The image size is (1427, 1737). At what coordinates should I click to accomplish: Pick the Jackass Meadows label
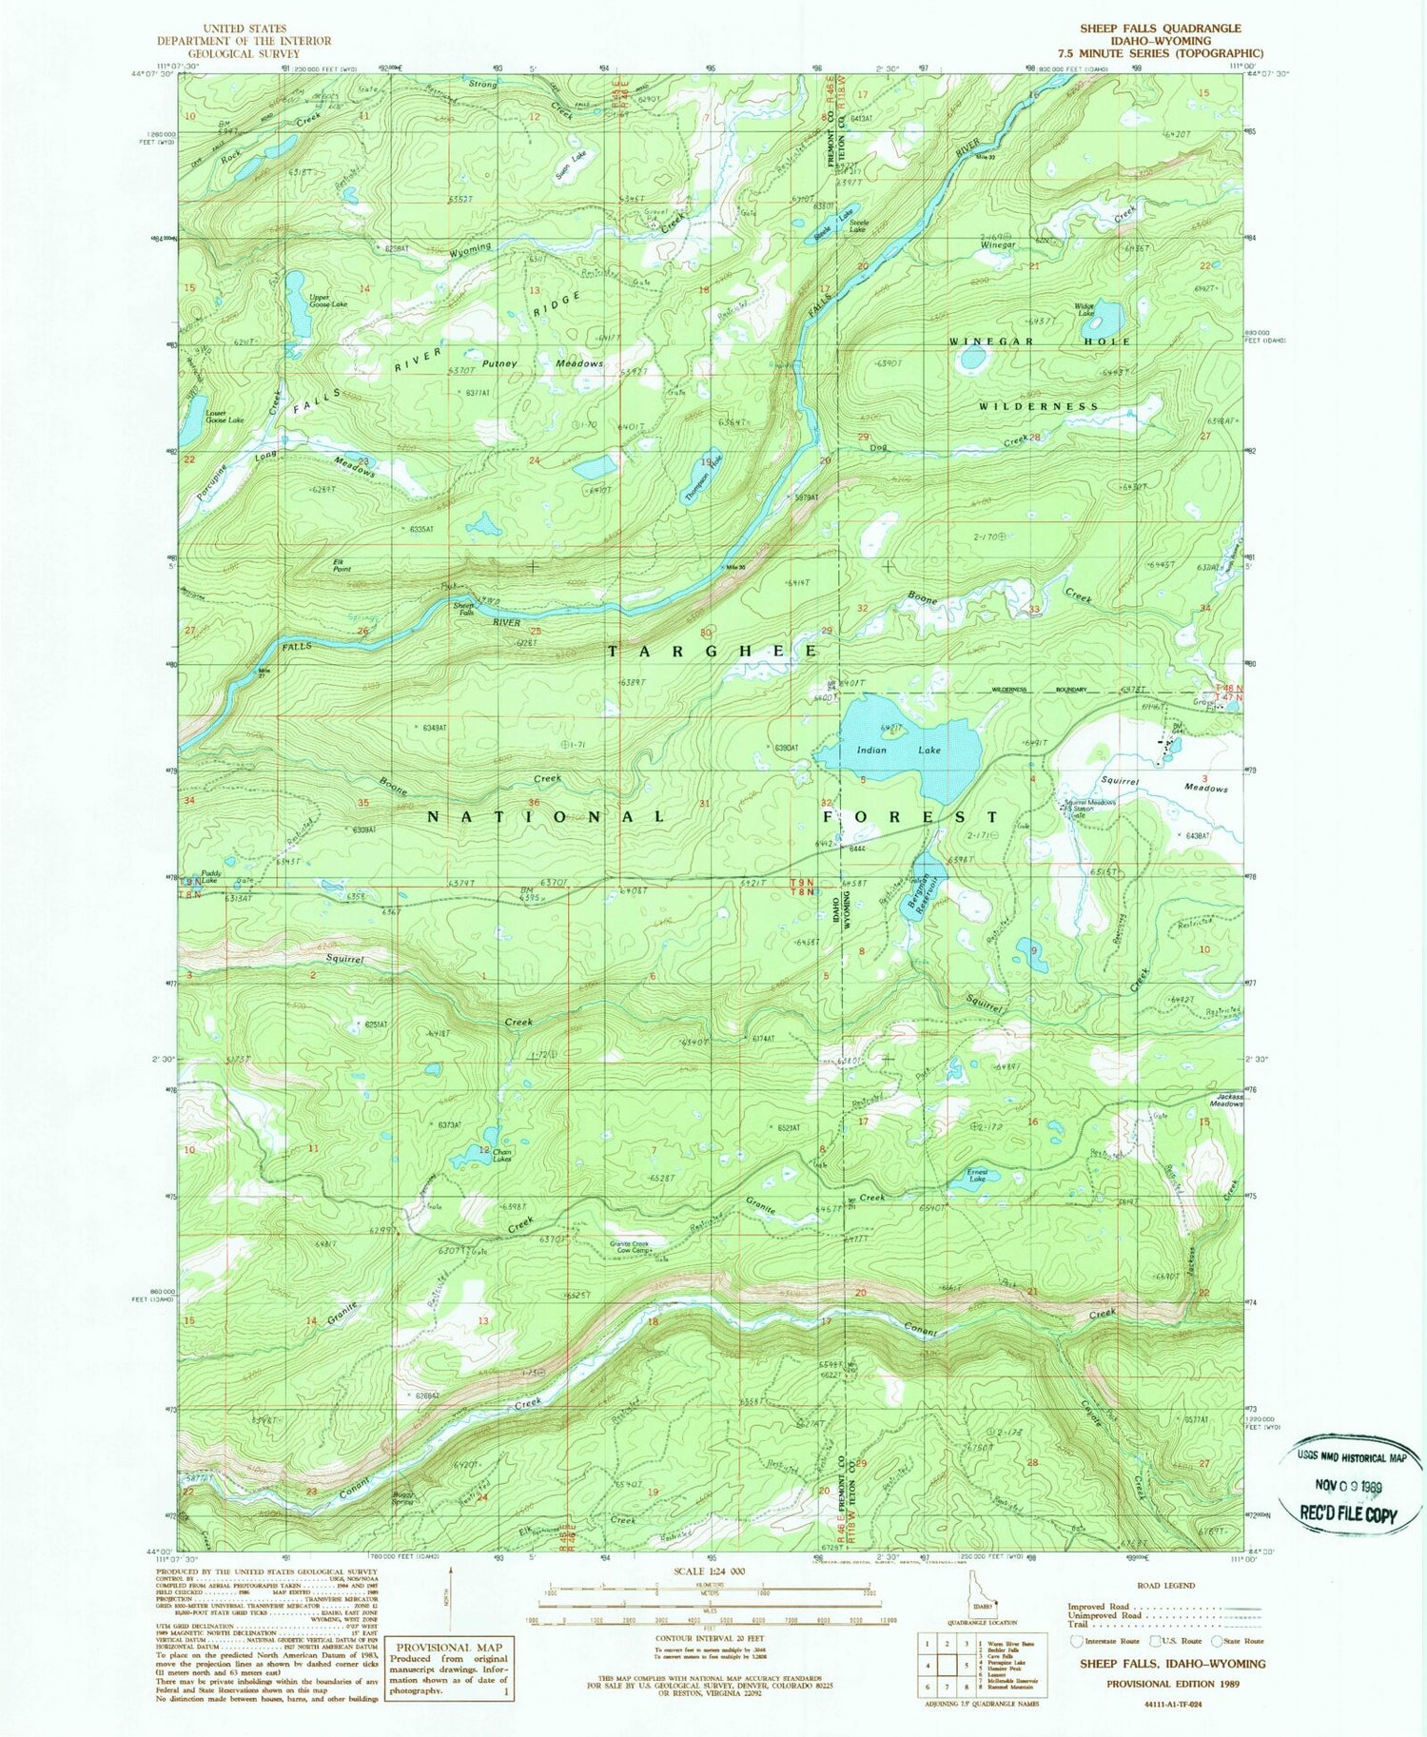1225,1099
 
